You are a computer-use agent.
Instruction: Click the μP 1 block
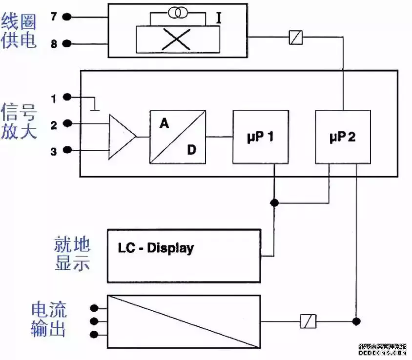click(260, 137)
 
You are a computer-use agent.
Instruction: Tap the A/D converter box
click(177, 137)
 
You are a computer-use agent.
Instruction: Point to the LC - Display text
click(156, 248)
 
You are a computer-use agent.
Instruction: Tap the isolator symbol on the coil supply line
click(295, 37)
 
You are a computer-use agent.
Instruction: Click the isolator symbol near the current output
click(309, 321)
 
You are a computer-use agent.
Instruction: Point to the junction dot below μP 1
click(275, 202)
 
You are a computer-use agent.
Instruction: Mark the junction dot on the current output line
click(357, 321)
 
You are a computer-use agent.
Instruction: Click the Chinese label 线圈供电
click(19, 30)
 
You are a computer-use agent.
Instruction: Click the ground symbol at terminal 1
click(95, 106)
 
